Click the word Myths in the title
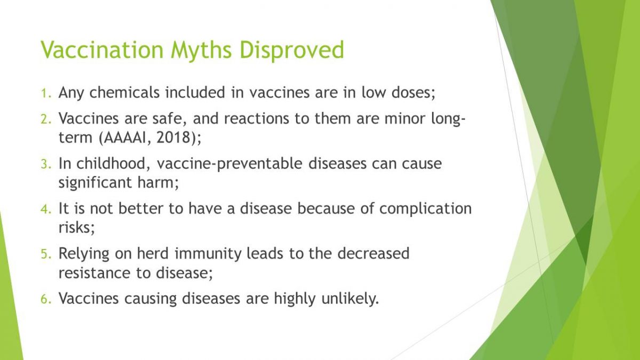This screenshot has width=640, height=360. coord(201,51)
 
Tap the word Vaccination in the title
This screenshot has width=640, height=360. coord(102,50)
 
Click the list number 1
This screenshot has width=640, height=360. coord(46,93)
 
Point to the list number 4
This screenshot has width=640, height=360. coord(46,209)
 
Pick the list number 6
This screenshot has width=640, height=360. coord(46,299)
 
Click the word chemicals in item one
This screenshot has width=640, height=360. coord(125,92)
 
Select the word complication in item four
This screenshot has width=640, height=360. coord(426,209)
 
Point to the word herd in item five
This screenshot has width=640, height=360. coord(153,253)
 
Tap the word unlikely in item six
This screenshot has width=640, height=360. coord(350,299)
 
